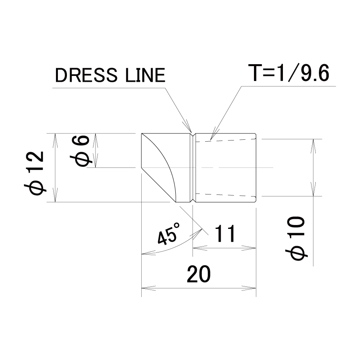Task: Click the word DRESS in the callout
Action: click(86, 75)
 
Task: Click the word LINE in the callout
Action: click(145, 75)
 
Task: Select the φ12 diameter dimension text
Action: click(34, 173)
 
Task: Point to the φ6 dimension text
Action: click(80, 150)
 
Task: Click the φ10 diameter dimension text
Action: click(296, 238)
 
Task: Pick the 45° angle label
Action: click(169, 234)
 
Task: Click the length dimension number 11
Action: click(225, 234)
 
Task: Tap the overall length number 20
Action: click(199, 274)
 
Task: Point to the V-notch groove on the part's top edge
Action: click(193, 135)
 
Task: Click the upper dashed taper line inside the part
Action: click(226, 140)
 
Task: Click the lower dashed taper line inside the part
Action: click(226, 195)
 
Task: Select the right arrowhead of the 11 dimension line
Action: click(249, 248)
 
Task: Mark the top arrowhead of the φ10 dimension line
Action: click(313, 146)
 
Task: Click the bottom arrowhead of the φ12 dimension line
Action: click(55, 195)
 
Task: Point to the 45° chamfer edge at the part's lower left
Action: click(158, 185)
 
